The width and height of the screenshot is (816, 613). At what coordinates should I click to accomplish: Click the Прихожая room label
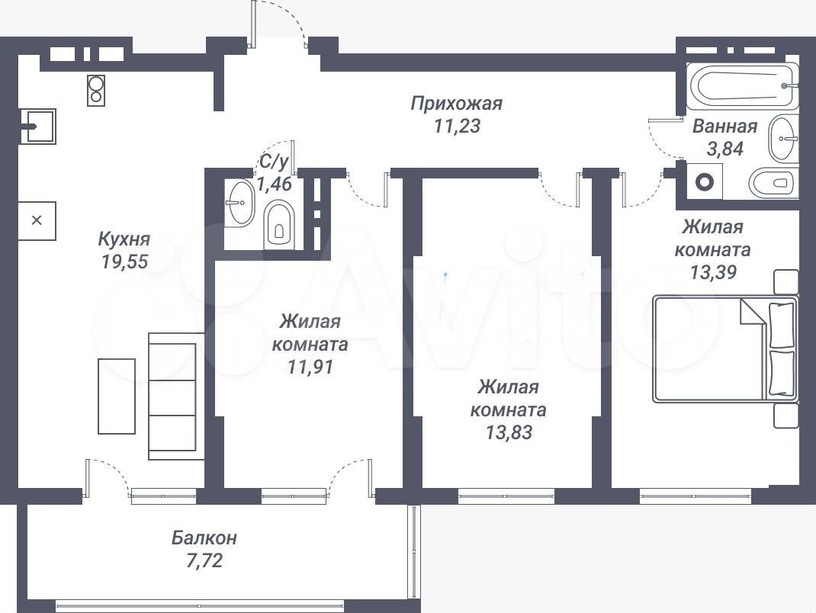click(456, 104)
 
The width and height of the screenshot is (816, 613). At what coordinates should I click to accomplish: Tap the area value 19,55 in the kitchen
click(124, 262)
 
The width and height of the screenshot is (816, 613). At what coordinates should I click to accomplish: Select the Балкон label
click(204, 538)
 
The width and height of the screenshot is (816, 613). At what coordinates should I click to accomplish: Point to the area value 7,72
click(204, 560)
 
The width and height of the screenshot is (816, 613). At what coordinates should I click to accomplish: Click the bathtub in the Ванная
click(742, 86)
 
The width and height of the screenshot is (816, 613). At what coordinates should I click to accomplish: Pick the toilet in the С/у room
click(280, 226)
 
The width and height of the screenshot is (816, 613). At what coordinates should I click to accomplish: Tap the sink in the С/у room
click(240, 202)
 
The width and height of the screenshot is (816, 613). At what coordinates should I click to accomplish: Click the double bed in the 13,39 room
click(725, 348)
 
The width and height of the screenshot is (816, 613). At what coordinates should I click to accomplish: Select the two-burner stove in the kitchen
click(96, 91)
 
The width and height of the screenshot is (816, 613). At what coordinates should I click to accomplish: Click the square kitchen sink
click(37, 126)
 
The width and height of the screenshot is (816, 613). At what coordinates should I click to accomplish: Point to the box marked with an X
click(37, 220)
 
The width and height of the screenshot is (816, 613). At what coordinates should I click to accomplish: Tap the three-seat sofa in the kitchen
click(172, 396)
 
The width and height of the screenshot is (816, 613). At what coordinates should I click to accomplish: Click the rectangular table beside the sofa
click(117, 396)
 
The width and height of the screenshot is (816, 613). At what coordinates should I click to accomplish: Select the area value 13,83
click(509, 432)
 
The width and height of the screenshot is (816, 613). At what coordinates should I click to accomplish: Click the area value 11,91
click(310, 367)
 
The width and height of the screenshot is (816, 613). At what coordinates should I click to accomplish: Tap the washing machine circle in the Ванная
click(704, 182)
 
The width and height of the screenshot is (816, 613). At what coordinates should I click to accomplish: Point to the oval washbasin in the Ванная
click(782, 139)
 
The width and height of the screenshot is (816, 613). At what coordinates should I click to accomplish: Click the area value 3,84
click(725, 149)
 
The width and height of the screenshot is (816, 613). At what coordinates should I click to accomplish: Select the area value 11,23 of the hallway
click(456, 126)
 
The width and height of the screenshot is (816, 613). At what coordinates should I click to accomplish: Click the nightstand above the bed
click(785, 282)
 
